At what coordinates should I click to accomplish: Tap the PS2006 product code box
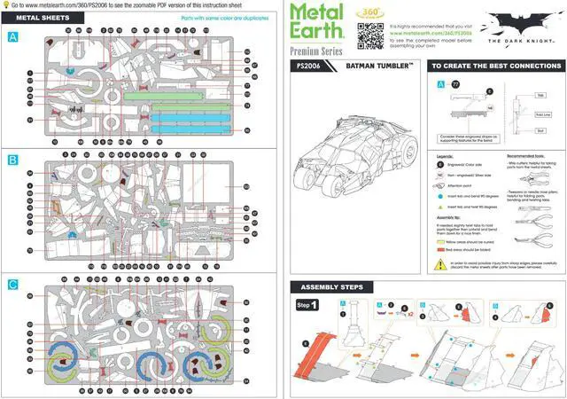[x=311, y=66]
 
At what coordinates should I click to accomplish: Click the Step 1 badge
[x=307, y=305]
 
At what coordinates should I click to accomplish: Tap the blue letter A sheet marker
[x=12, y=37]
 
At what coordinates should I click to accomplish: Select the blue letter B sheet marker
[x=12, y=160]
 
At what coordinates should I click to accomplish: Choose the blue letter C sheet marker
[x=12, y=285]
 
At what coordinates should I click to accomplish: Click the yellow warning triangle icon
[x=440, y=263]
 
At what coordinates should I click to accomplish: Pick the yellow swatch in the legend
[x=440, y=240]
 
